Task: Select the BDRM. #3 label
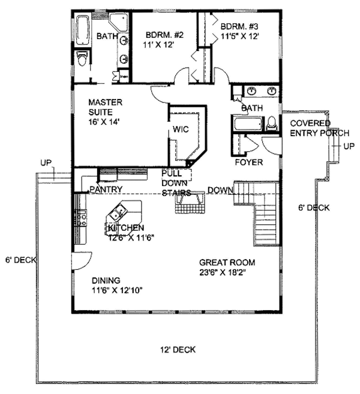click(x=240, y=26)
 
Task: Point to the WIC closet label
click(x=181, y=129)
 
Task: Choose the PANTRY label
click(x=106, y=190)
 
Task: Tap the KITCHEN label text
click(x=126, y=228)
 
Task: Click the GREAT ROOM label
click(x=227, y=262)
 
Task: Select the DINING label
click(x=106, y=280)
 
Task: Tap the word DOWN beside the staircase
click(x=220, y=191)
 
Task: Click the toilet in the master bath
click(x=83, y=58)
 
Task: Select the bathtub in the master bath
click(x=82, y=29)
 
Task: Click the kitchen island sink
click(x=118, y=211)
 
